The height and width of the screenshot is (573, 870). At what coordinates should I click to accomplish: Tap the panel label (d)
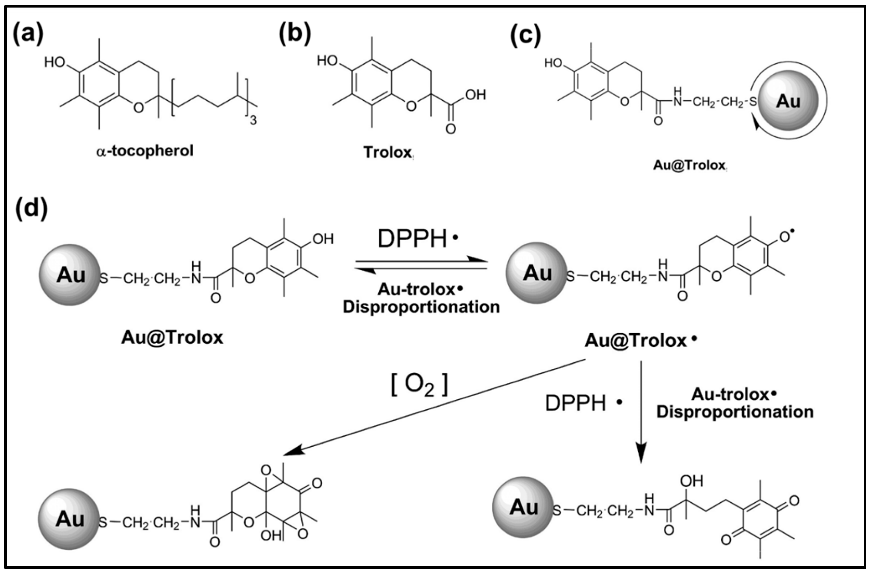31,209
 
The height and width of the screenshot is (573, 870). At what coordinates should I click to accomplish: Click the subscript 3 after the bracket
253,120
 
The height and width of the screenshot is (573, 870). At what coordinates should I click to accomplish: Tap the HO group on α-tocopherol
55,63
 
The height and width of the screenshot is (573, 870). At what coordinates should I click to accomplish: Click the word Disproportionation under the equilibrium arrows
421,307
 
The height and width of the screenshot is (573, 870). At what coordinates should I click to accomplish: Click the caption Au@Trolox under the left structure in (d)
172,337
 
